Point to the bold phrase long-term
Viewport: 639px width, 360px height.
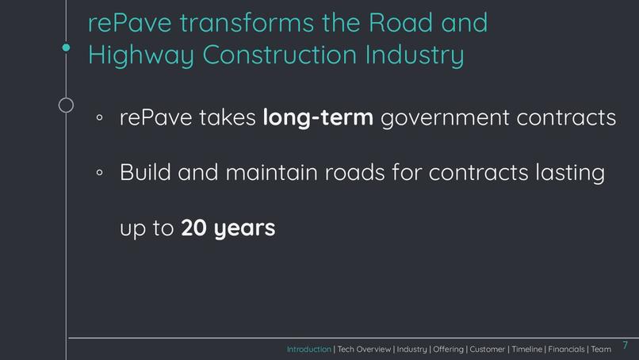click(x=318, y=117)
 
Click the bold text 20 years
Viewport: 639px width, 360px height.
click(x=228, y=228)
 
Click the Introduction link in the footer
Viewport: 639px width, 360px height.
click(x=309, y=350)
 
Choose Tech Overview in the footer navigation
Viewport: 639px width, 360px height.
click(x=364, y=350)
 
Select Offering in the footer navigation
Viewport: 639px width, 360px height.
click(x=448, y=350)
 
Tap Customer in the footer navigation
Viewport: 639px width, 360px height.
click(x=488, y=350)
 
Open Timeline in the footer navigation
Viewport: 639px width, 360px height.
click(x=526, y=350)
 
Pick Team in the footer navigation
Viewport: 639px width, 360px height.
click(x=601, y=350)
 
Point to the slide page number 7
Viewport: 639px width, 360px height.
click(x=625, y=345)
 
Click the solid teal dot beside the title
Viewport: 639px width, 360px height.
click(x=67, y=48)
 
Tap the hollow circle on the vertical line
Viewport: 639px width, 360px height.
click(x=67, y=105)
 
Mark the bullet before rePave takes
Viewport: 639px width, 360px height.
click(x=100, y=118)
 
